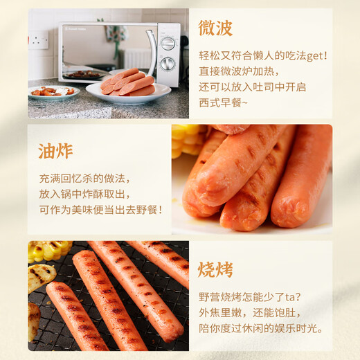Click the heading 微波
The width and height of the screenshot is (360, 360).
coord(215,28)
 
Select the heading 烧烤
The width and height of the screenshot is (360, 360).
coord(215,269)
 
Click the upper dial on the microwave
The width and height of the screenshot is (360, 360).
coord(168,43)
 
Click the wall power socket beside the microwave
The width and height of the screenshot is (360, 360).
coord(39,39)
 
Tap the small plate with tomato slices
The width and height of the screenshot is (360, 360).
coord(53,91)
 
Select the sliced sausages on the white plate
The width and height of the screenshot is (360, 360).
coord(129,83)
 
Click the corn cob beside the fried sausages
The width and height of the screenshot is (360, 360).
coord(186,140)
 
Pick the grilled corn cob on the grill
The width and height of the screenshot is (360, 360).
coord(48,251)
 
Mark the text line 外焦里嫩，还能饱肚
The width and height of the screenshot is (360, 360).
coord(253,312)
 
